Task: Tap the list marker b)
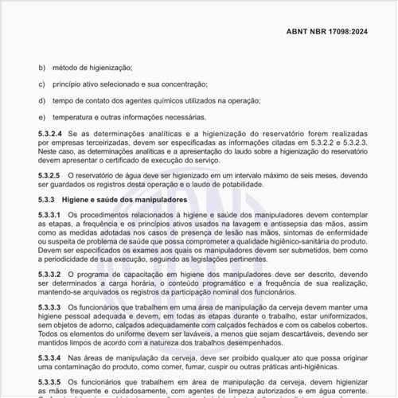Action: pyautogui.click(x=42, y=68)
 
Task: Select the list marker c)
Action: pyautogui.click(x=42, y=84)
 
